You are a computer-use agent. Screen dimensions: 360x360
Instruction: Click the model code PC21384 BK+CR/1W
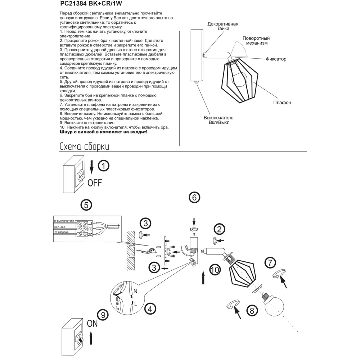coord(91,5)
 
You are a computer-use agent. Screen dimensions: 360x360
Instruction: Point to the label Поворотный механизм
coord(256,41)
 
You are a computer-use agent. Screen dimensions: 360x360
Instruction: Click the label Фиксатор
coord(276,59)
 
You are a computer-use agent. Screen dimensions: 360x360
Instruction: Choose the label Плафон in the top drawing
coord(282,103)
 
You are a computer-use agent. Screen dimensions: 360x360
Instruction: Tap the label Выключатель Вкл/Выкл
coord(219,120)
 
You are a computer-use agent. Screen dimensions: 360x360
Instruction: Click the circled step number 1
coord(104,166)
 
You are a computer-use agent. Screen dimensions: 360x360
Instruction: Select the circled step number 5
coord(86,205)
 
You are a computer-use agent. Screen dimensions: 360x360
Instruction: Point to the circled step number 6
coord(194,197)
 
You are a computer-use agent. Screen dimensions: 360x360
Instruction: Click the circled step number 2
coord(219,229)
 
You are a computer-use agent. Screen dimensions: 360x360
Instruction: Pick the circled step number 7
coord(271,263)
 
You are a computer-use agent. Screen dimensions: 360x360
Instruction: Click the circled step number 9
coord(103,315)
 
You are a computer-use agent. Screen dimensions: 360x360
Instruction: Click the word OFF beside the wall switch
coord(95,183)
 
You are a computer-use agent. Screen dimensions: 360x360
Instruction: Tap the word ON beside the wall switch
coord(92,324)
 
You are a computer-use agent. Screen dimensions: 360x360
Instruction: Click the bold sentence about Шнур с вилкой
coord(103,132)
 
